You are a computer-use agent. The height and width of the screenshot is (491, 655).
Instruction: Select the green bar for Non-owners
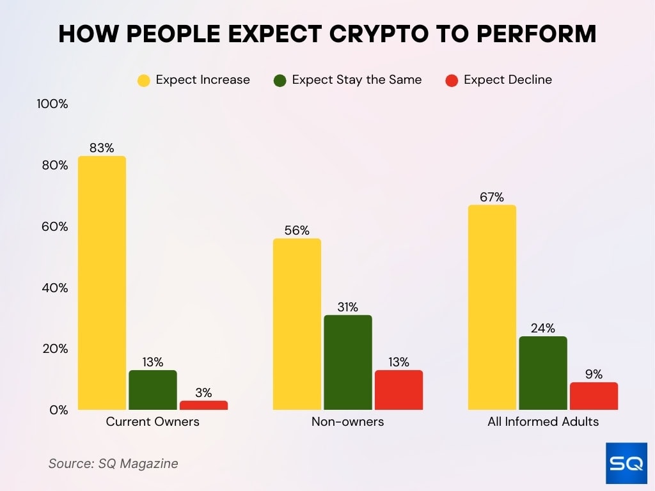[347, 362]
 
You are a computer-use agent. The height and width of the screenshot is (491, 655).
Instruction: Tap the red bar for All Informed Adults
[594, 396]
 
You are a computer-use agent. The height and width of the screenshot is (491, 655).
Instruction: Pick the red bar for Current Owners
[203, 405]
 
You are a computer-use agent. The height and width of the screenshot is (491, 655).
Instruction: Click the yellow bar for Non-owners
[297, 323]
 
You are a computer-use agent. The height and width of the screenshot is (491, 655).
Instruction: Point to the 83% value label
[102, 148]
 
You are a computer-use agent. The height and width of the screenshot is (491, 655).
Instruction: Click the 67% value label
[492, 197]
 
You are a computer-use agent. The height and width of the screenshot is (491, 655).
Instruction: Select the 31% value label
[347, 307]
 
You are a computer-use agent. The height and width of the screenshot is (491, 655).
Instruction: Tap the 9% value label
[594, 374]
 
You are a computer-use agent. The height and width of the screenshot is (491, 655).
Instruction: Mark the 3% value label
[203, 393]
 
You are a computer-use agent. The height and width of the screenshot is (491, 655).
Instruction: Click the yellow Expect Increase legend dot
[144, 81]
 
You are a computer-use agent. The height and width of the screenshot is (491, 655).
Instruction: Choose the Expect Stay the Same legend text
[357, 80]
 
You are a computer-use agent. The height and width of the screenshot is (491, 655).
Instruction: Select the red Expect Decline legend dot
[452, 81]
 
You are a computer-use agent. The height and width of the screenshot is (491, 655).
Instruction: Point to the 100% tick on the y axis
[53, 104]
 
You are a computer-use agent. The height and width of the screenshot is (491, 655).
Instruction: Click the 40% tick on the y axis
[55, 288]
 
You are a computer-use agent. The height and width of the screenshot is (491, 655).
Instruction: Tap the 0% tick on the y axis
[58, 410]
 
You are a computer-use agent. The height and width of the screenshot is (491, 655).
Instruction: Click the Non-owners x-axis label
[347, 422]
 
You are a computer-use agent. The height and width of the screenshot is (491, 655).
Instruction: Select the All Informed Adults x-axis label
[543, 422]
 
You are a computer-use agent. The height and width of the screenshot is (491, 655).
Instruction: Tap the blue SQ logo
[626, 464]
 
